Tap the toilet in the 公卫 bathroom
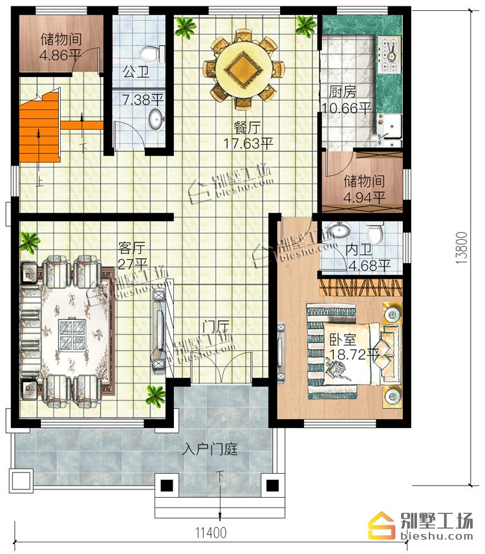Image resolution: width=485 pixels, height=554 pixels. click(x=153, y=54)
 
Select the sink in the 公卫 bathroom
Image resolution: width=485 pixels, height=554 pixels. click(x=156, y=119)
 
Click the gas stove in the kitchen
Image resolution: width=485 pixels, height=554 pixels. click(x=389, y=54)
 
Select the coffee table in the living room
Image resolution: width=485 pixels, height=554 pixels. click(x=72, y=335)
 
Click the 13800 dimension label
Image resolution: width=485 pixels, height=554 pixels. click(x=462, y=248)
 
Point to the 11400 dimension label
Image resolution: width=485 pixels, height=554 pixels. click(x=211, y=532)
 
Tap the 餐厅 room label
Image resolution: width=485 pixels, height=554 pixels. click(x=247, y=128)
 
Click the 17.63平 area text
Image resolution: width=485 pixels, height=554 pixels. click(x=248, y=144)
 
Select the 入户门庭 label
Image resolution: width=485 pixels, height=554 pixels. click(x=210, y=449)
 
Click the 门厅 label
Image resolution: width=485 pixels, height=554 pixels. click(x=215, y=326)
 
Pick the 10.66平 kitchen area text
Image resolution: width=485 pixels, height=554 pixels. click(x=347, y=108)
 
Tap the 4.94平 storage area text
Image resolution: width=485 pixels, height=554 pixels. click(x=365, y=197)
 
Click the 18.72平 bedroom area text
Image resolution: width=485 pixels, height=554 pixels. click(x=354, y=354)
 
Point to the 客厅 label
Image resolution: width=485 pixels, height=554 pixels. click(x=131, y=248)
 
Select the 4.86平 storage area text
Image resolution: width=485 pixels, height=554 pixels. click(x=60, y=56)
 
